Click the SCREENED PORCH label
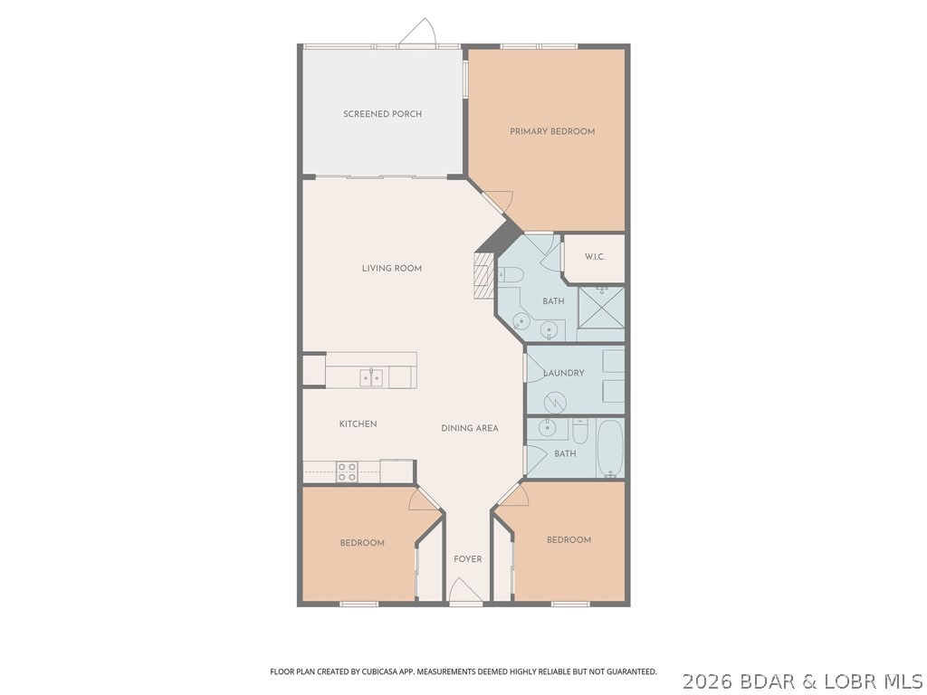coord(382,114)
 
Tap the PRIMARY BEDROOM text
coord(552,131)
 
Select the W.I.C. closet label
coord(594,257)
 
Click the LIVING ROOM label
coord(391,268)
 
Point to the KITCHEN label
coord(358,424)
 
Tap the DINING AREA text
coord(469,428)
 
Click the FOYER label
coord(467,559)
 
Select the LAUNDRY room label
coord(563,373)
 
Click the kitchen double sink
coord(371,377)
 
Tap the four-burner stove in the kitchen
coord(347,471)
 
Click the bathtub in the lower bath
coord(611,448)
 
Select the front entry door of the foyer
coord(466,594)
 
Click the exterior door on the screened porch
coord(418,34)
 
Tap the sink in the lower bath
coord(547,427)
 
